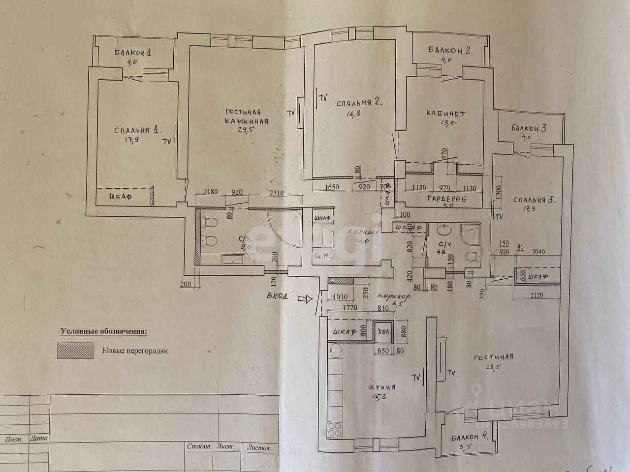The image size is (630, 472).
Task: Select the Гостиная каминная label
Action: pyautogui.click(x=247, y=117)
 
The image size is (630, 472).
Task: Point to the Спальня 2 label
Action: pyautogui.click(x=359, y=103)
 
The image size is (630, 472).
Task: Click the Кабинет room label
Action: pyautogui.click(x=445, y=114)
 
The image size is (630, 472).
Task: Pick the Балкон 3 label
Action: pyautogui.click(x=529, y=129)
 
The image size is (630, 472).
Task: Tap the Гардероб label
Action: pyautogui.click(x=446, y=198)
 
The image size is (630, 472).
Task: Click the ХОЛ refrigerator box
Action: pyautogui.click(x=383, y=331)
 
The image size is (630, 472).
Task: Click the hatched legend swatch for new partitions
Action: pyautogui.click(x=75, y=351)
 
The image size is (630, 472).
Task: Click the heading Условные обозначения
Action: pyautogui.click(x=103, y=331)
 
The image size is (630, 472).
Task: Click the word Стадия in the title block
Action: pyautogui.click(x=198, y=447)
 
